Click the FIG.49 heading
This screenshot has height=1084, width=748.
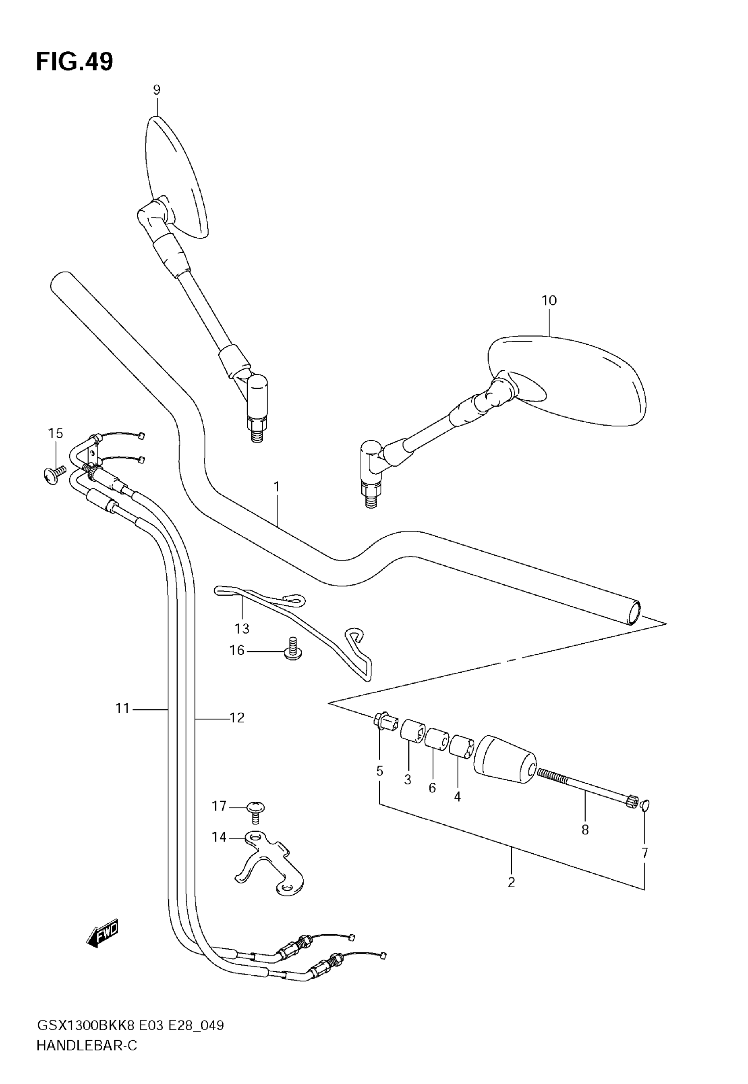74,62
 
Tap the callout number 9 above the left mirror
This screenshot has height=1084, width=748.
157,89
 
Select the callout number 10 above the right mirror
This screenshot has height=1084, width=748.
549,301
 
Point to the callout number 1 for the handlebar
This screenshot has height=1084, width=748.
276,487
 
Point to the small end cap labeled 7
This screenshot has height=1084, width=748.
645,806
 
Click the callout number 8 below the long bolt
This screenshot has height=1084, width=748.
585,830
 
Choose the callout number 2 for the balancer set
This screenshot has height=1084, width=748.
511,882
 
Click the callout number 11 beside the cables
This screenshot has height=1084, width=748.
122,708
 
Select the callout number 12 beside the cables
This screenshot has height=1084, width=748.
237,717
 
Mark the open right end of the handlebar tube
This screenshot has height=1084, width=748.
634,613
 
